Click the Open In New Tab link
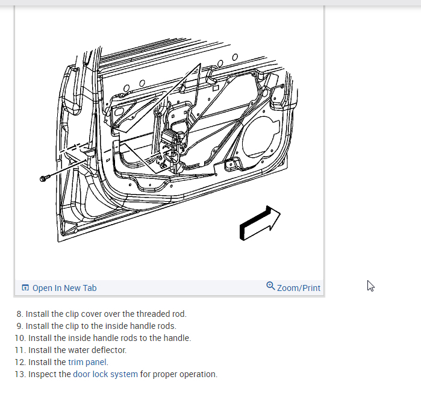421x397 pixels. tap(64, 288)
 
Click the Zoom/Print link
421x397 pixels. tap(299, 288)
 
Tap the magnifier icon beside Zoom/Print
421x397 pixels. tap(270, 286)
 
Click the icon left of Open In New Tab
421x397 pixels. tap(25, 288)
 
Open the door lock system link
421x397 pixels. tap(105, 374)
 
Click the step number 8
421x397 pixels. tap(19, 314)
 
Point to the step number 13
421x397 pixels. tap(19, 374)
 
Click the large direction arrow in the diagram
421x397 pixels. tap(260, 223)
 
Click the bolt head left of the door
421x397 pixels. tap(43, 179)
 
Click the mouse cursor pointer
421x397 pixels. tap(370, 286)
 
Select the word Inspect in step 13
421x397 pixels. tap(42, 374)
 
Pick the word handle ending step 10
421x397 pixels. tap(177, 338)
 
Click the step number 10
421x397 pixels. tap(19, 338)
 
